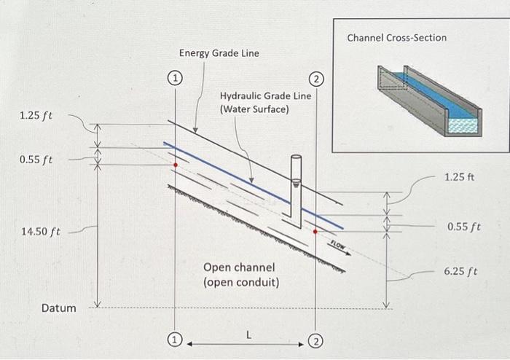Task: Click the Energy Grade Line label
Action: tap(219, 53)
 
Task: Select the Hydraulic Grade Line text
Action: tap(265, 103)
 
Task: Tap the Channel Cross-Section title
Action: tap(396, 37)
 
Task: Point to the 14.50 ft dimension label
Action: tap(40, 232)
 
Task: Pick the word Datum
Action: tap(58, 308)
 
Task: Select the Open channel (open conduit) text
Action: tap(241, 275)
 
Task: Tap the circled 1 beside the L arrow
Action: tap(175, 340)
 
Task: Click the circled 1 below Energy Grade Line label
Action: tap(175, 77)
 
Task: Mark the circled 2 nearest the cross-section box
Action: tap(315, 78)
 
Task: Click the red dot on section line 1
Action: tap(176, 165)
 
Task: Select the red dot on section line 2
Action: tap(315, 231)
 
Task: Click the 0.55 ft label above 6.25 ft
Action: tap(463, 227)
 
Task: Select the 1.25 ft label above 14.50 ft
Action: tap(36, 116)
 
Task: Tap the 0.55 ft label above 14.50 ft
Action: tap(36, 159)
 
